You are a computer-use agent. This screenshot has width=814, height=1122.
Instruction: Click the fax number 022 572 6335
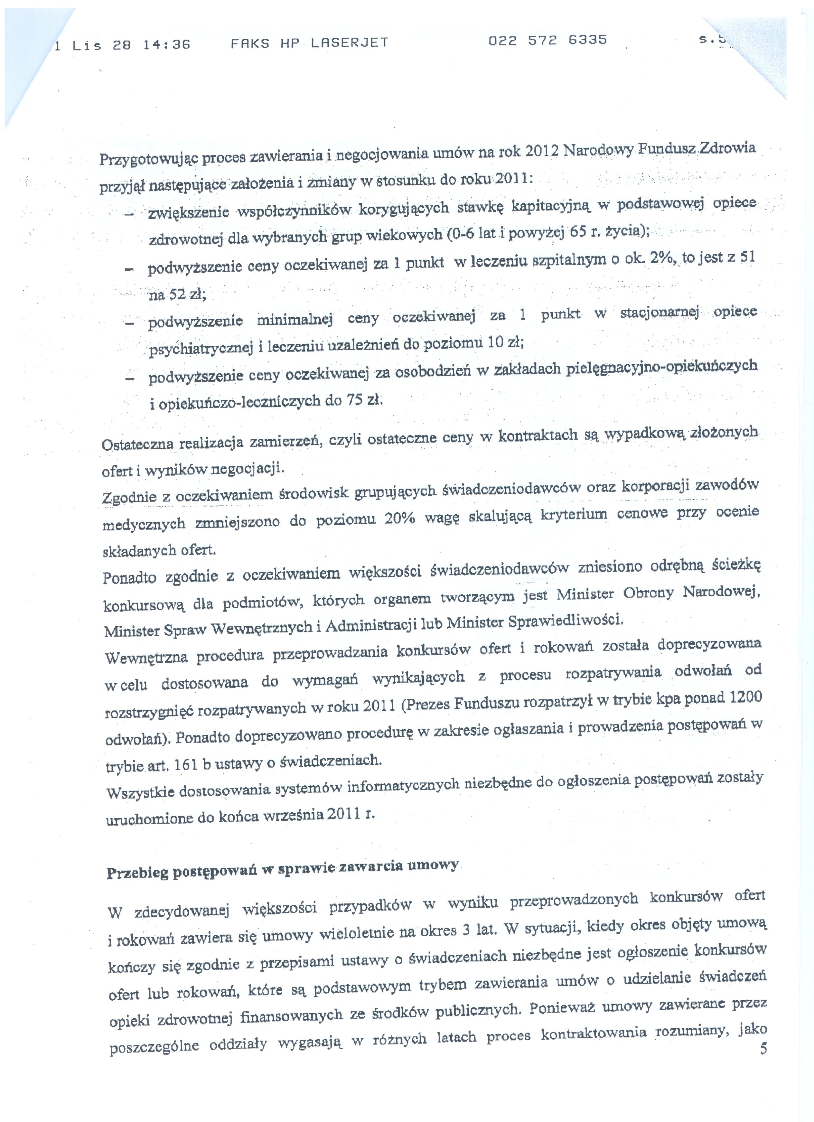click(x=547, y=41)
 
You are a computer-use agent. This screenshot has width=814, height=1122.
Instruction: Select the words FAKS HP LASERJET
click(x=309, y=43)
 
